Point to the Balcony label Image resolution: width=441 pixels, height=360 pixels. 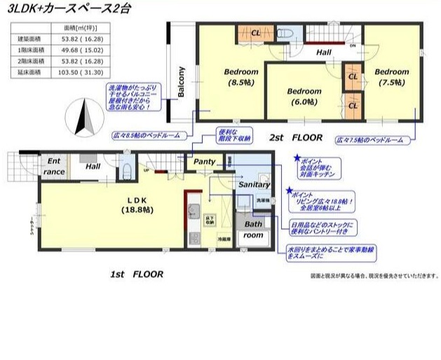(x=181, y=83)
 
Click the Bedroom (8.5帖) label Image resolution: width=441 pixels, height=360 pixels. (x=241, y=76)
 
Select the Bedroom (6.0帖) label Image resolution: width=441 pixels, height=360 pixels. (x=304, y=96)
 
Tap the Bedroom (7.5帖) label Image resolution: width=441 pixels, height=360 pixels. (x=391, y=76)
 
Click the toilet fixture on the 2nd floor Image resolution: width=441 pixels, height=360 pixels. (x=285, y=34)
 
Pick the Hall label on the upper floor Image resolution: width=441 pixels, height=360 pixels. (x=323, y=53)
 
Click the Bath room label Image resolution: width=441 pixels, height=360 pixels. (x=254, y=230)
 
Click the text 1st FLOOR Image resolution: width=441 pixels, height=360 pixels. (x=136, y=275)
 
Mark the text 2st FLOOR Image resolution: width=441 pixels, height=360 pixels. (x=297, y=138)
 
